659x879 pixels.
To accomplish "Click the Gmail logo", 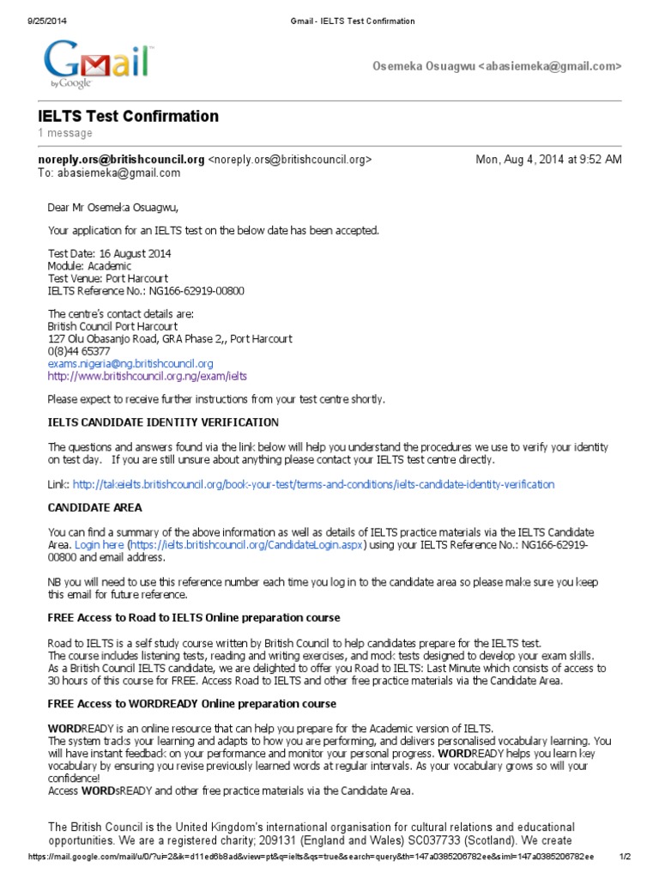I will point(98,64).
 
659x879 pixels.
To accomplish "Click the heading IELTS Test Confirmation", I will point(128,116).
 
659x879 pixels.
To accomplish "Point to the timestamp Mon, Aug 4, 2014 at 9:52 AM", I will point(548,159).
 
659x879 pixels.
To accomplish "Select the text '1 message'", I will point(65,133).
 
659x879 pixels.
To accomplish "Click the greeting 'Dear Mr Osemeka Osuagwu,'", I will point(115,207).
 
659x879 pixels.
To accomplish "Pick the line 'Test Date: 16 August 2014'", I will point(109,254).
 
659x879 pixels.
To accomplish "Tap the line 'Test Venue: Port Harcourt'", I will point(107,278).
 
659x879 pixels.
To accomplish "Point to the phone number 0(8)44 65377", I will point(79,351).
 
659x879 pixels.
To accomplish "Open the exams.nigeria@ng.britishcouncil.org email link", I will point(130,363).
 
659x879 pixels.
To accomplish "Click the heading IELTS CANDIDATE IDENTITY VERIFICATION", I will point(163,422).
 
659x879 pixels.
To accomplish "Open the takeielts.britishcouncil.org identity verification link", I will point(313,484).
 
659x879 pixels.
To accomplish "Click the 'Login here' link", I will point(99,545).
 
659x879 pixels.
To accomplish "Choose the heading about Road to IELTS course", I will point(193,618).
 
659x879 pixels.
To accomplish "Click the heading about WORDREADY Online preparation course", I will point(191,704).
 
